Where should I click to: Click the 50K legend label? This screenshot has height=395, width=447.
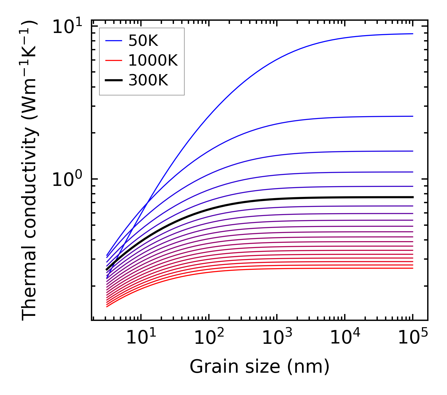click(x=143, y=41)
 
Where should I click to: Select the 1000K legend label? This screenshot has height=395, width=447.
click(x=153, y=60)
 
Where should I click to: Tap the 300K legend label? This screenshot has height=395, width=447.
click(x=148, y=80)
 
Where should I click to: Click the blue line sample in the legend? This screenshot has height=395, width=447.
click(x=113, y=41)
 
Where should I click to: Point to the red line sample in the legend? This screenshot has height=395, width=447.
click(x=113, y=60)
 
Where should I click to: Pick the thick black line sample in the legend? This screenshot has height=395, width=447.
click(x=113, y=80)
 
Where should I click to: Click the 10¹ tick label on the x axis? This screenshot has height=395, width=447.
click(x=141, y=337)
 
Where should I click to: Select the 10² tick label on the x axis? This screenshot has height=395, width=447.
click(x=209, y=337)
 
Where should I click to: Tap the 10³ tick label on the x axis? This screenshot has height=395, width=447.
click(x=277, y=337)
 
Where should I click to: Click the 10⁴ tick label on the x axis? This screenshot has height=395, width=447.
click(x=345, y=337)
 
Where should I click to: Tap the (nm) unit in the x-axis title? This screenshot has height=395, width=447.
click(x=308, y=366)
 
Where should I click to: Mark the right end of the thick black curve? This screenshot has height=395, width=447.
click(x=413, y=197)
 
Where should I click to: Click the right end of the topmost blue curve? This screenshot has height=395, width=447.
click(x=413, y=34)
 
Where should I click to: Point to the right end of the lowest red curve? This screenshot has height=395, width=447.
click(x=413, y=268)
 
